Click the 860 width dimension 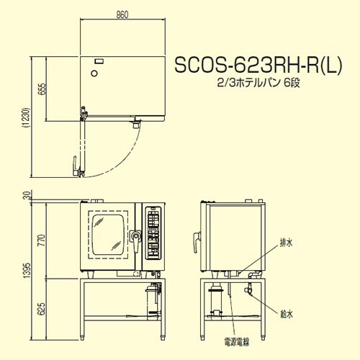pyautogui.click(x=122, y=14)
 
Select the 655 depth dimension pyautogui.click(x=41, y=89)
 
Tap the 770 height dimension pyautogui.click(x=41, y=240)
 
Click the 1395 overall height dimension pyautogui.click(x=27, y=271)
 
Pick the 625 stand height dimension pyautogui.click(x=41, y=309)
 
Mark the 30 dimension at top pyautogui.click(x=27, y=195)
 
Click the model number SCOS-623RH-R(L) pyautogui.click(x=258, y=65)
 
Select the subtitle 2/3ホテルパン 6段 pyautogui.click(x=258, y=84)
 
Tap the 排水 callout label pyautogui.click(x=287, y=243)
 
